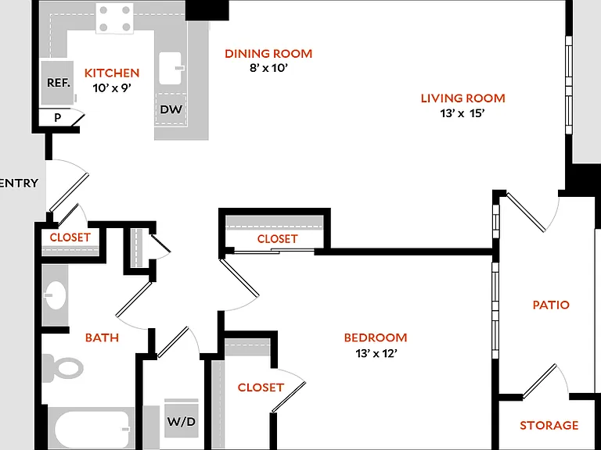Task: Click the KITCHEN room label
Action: click(112, 73)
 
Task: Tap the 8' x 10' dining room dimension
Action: click(268, 68)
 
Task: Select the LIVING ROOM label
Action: click(463, 98)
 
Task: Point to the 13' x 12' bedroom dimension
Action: click(376, 353)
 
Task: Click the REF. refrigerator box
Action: click(57, 82)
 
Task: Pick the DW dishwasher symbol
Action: click(171, 109)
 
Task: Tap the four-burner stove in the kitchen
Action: click(114, 19)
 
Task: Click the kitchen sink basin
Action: click(170, 68)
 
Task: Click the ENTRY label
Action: click(19, 183)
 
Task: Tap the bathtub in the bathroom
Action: click(92, 430)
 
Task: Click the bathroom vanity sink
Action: click(55, 295)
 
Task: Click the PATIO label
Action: click(551, 305)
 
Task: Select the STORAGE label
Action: click(549, 425)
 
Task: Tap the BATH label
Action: click(102, 337)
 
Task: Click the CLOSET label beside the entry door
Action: click(70, 237)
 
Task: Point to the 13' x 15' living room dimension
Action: click(462, 113)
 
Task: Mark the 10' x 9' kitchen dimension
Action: click(112, 88)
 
